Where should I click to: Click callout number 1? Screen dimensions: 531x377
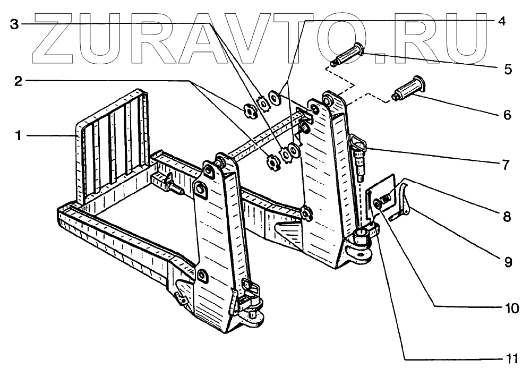pos(18,136)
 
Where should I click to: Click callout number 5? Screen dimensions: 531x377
pos(507,68)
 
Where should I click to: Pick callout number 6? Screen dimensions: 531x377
pos(507,114)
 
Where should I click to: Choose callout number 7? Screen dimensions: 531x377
pos(507,163)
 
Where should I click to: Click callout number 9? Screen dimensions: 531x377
pos(507,261)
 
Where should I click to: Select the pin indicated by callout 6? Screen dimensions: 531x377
pos(409,88)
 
